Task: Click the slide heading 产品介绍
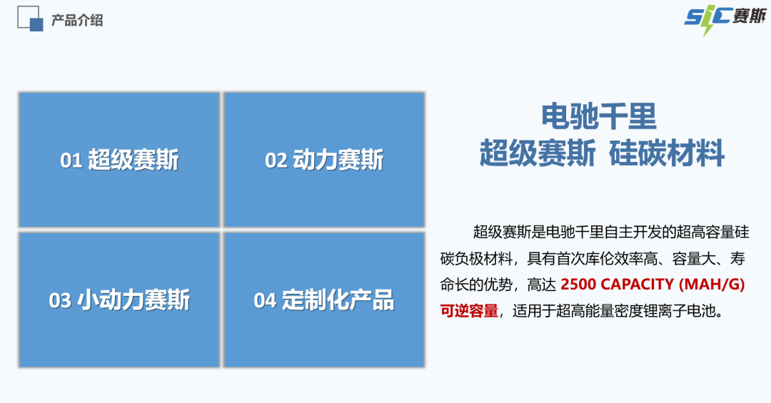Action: tap(77, 21)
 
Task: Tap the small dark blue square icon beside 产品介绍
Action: tap(36, 25)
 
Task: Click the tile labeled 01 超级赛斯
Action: tap(119, 160)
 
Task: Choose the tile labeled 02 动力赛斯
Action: tap(324, 160)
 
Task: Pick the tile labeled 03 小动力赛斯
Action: tap(119, 300)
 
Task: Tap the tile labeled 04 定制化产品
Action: tap(324, 300)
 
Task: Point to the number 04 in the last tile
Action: tap(265, 301)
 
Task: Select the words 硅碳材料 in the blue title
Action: tap(667, 153)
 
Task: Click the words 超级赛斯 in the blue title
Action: tap(537, 153)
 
